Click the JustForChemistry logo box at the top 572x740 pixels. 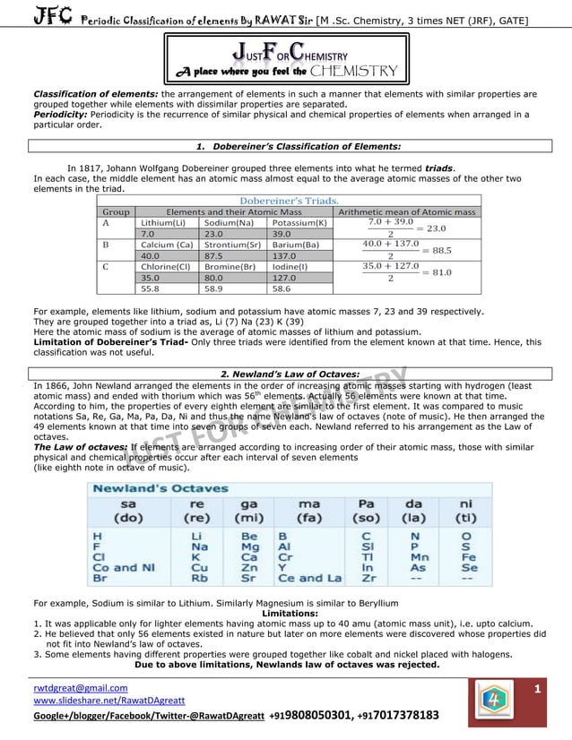click(286, 58)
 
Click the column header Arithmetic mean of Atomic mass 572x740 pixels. click(406, 211)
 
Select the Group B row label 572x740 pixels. click(107, 244)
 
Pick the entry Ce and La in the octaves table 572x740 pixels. click(309, 578)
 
